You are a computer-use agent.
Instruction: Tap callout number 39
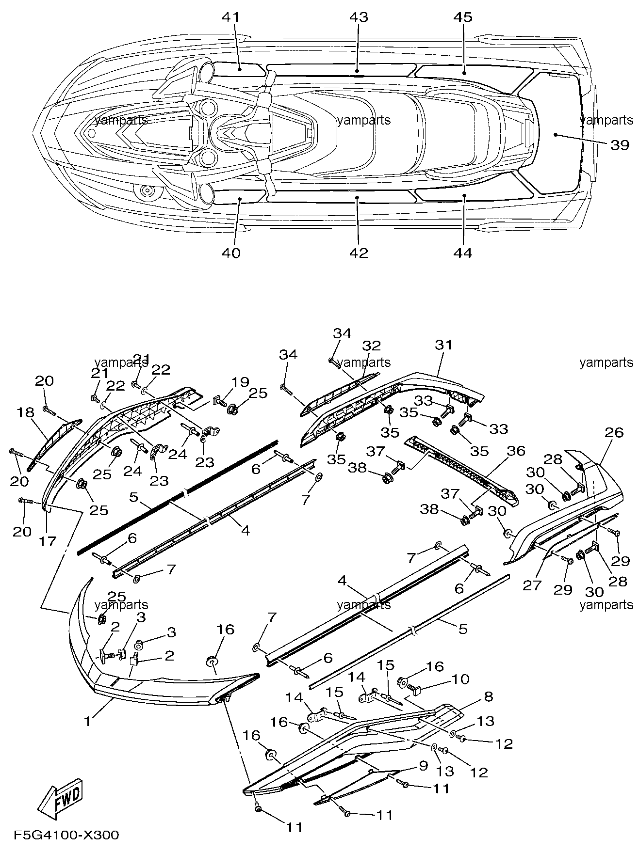pos(619,145)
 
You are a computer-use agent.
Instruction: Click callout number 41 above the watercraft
pos(231,17)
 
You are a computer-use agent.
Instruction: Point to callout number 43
pos(359,17)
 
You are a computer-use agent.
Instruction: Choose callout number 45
pos(462,17)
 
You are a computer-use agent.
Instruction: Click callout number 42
pos(359,253)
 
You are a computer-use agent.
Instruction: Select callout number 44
pos(462,253)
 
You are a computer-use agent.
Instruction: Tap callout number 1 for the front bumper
pos(87,722)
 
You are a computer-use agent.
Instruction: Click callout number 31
pos(443,345)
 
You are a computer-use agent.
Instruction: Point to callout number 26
pos(614,432)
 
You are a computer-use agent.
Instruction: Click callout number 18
pos(26,412)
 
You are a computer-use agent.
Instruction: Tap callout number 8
pos(489,697)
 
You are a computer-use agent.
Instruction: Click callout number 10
pos(461,679)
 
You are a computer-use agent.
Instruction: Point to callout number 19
pos(240,381)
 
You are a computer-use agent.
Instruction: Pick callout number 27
pos(532,585)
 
